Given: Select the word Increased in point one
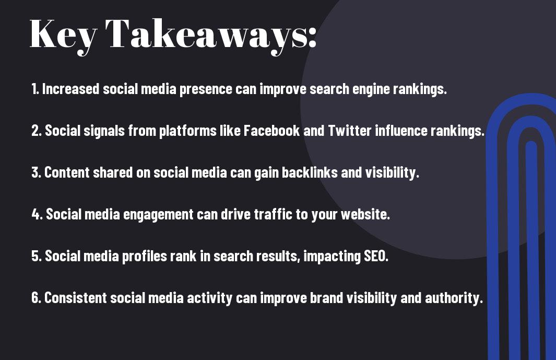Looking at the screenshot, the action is pos(70,89).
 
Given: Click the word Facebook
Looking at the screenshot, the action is pos(271,131).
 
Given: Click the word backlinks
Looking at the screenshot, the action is pos(310,172).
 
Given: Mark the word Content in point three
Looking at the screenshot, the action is pos(67,172).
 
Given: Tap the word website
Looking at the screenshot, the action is pos(365,214).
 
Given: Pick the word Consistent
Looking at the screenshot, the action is pos(76,298).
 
